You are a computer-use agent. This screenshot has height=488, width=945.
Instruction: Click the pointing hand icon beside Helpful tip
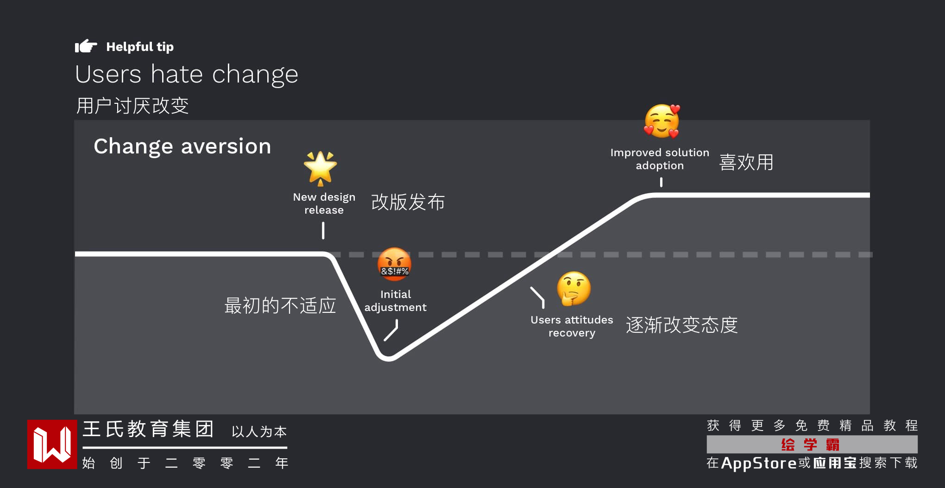[86, 46]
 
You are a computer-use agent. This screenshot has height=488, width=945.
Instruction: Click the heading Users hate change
[186, 74]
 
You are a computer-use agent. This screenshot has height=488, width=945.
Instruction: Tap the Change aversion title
[182, 146]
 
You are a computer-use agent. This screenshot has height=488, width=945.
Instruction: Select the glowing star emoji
[320, 168]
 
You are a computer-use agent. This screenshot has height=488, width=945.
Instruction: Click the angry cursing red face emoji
[394, 264]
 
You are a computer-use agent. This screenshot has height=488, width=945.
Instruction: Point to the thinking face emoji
[573, 288]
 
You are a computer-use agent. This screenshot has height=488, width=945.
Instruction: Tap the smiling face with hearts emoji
[662, 121]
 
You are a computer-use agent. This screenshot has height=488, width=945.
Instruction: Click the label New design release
[324, 203]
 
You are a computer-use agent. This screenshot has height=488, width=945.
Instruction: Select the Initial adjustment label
[395, 301]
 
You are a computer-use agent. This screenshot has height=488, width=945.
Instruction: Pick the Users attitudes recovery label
[572, 326]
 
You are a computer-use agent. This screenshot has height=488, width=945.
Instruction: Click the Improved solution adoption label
[660, 159]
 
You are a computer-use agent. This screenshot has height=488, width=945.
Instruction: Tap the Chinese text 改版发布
[408, 202]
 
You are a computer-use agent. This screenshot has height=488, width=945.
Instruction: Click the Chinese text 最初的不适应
[280, 306]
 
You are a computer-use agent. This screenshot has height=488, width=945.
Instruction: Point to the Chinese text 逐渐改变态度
[681, 325]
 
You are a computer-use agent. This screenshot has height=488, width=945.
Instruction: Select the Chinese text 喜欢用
[746, 162]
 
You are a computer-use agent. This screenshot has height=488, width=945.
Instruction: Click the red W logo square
[52, 444]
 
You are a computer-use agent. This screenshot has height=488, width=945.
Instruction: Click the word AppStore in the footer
[759, 463]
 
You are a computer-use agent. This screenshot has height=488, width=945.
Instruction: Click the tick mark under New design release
[323, 230]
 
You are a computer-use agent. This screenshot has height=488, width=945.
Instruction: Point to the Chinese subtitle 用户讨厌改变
[132, 106]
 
